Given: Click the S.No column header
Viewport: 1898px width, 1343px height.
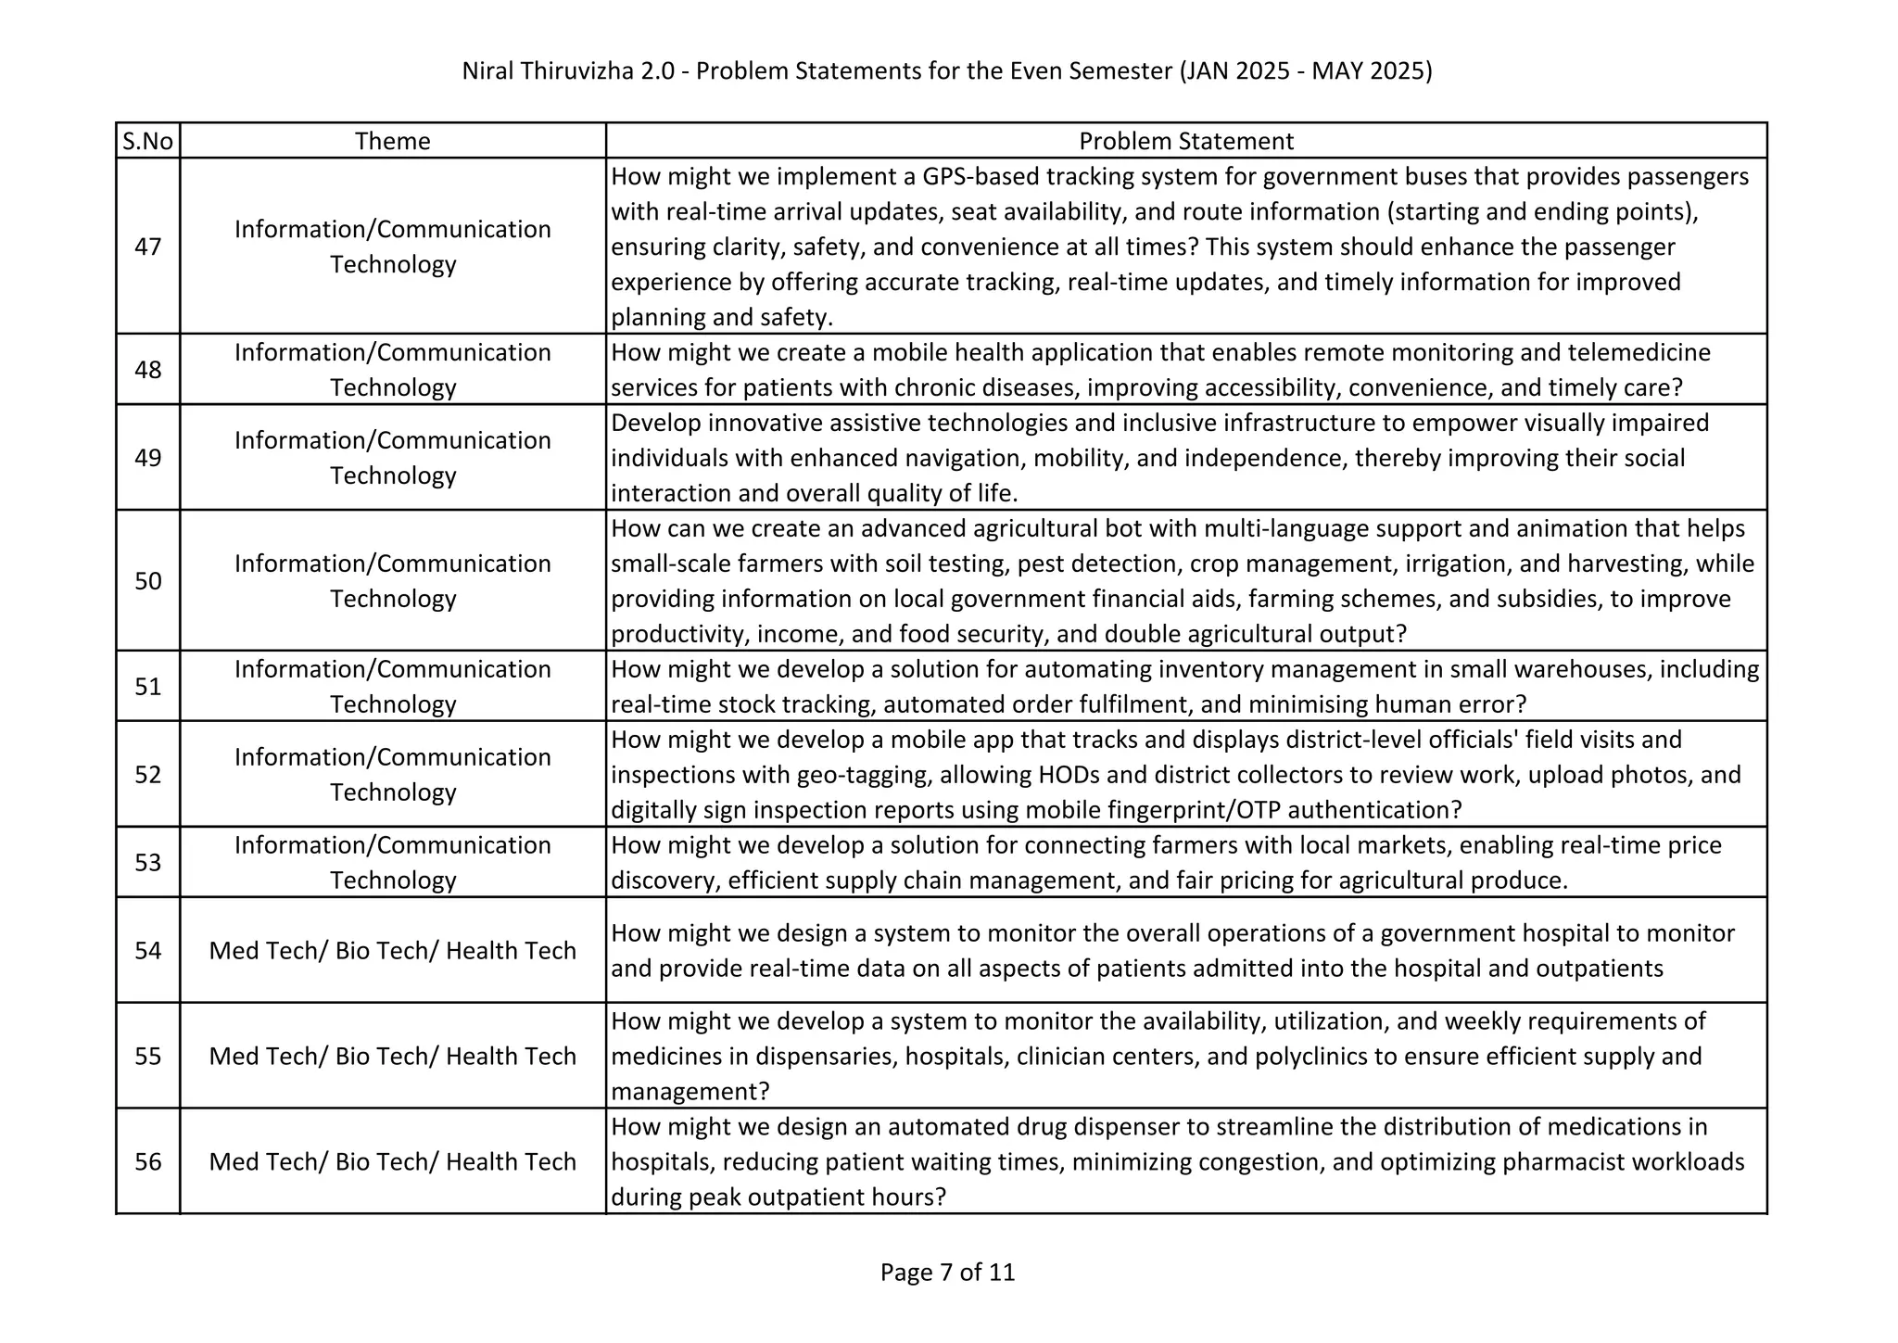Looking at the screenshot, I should pos(147,141).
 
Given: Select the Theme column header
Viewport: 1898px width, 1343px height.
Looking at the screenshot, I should pos(392,141).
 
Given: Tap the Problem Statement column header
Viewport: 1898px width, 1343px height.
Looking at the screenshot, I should pos(1185,141).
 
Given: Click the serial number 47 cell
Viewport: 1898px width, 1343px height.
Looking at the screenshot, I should pos(147,247).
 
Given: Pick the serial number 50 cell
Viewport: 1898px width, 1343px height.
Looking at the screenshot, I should pos(147,581).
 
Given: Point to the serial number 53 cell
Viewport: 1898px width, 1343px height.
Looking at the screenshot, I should pos(147,863).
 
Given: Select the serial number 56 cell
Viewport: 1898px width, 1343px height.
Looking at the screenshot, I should pos(147,1162).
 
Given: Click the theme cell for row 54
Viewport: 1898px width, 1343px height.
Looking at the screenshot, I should pos(392,951).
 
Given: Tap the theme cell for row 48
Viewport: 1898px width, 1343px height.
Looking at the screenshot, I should pos(392,370).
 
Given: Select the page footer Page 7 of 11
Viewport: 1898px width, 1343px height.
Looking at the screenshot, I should pos(947,1273).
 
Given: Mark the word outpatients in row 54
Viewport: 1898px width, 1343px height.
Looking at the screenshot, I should pos(1600,969).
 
